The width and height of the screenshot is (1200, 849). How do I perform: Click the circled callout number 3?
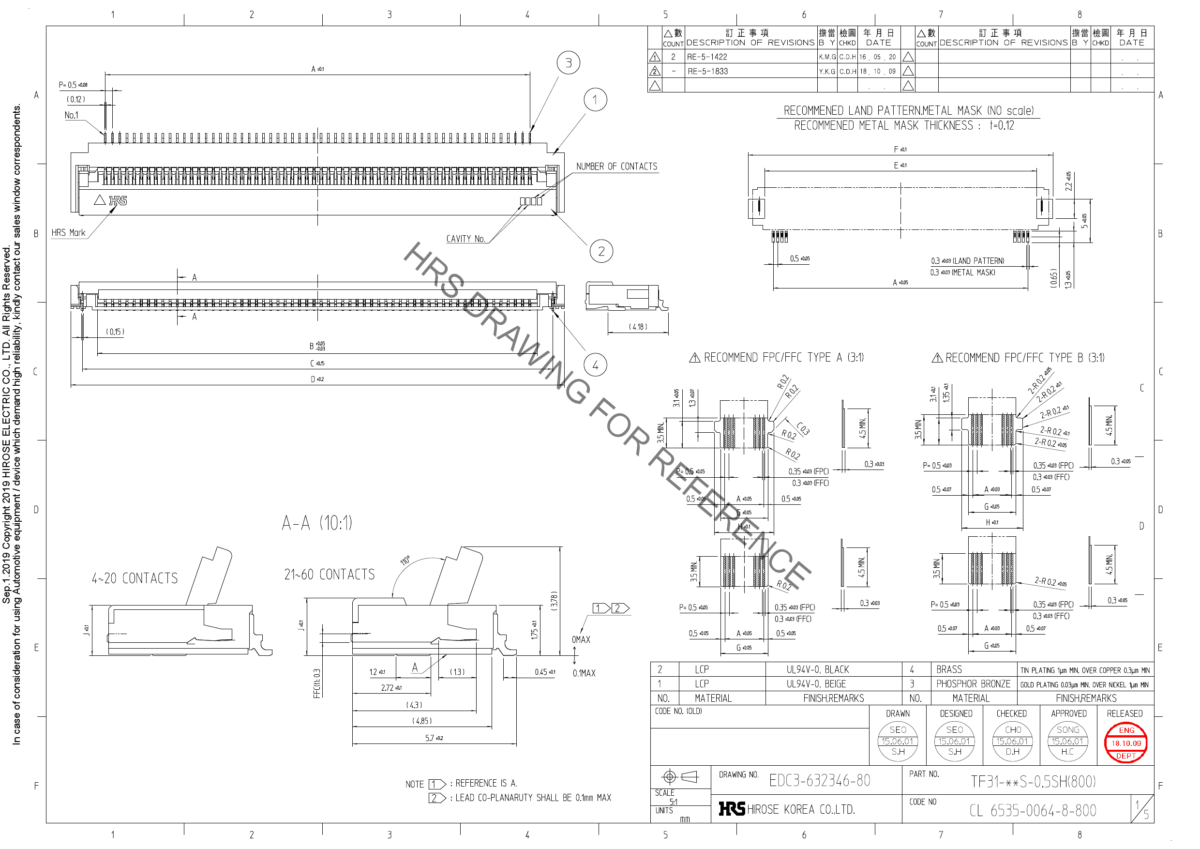[568, 63]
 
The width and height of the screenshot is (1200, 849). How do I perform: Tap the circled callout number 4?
[595, 365]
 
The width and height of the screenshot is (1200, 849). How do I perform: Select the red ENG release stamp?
[1126, 743]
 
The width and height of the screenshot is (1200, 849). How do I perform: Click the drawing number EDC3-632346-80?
[820, 781]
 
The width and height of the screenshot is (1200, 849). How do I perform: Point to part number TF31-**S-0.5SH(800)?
[1033, 782]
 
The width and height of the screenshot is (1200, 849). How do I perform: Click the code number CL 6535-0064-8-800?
[1033, 810]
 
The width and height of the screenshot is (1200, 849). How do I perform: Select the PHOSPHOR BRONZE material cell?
[973, 684]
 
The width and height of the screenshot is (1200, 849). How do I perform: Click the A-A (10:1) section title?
[317, 523]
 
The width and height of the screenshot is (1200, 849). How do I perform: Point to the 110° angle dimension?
[405, 561]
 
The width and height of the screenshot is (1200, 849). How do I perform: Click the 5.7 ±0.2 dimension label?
[434, 738]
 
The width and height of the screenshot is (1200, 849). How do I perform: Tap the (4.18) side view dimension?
[638, 327]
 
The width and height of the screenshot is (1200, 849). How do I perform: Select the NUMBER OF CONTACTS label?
[617, 166]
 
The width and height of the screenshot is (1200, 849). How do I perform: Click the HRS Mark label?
[68, 233]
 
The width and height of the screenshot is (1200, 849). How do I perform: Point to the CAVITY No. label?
[465, 239]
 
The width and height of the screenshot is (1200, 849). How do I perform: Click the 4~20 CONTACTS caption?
[135, 578]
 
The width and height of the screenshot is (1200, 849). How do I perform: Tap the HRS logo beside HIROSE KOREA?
[732, 809]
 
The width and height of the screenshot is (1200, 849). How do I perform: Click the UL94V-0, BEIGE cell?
[817, 684]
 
